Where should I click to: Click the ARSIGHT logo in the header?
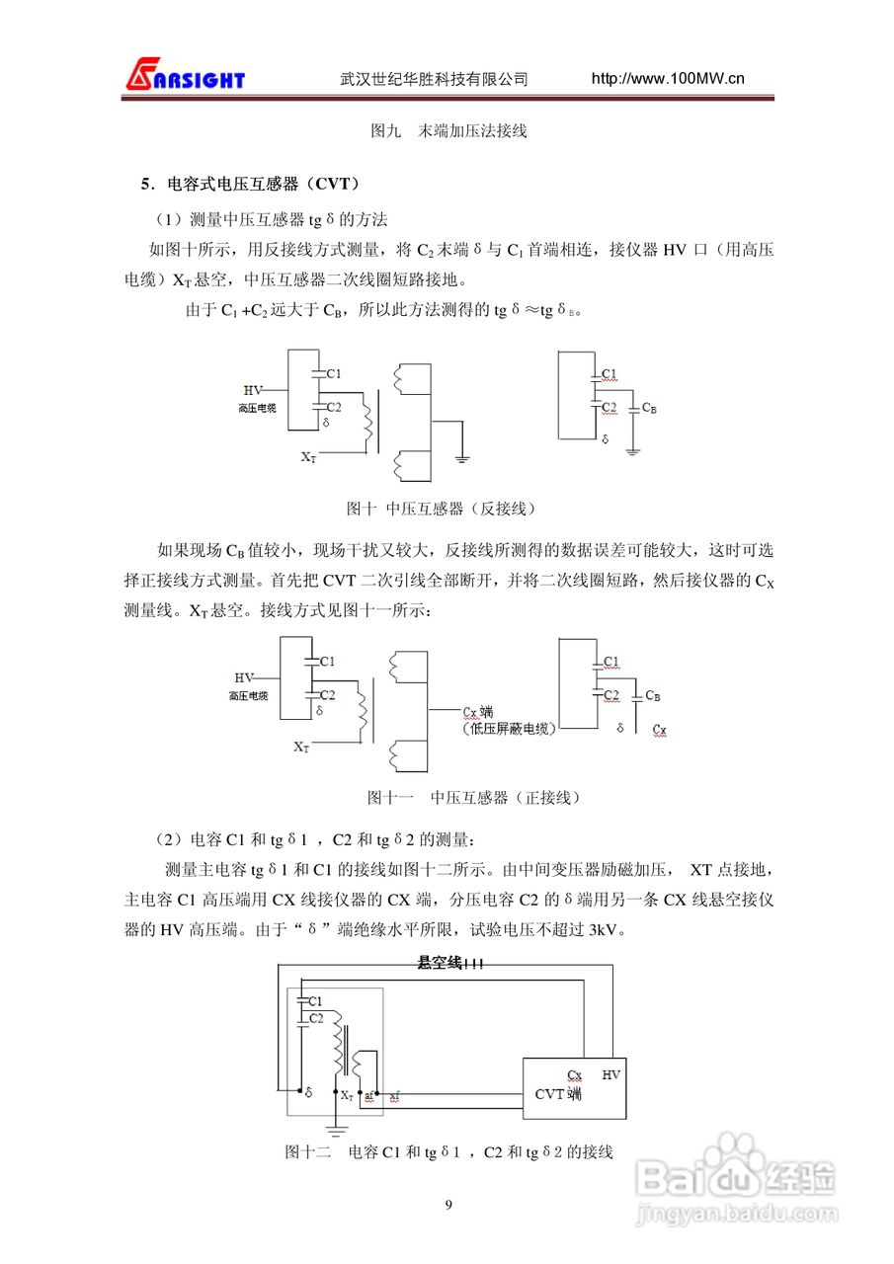click(x=185, y=77)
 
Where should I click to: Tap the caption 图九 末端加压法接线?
click(x=447, y=130)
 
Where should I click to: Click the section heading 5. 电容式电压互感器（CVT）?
click(x=249, y=184)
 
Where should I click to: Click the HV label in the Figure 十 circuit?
click(x=253, y=391)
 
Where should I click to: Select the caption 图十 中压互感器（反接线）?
click(x=441, y=509)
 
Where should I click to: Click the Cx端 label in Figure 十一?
click(x=478, y=711)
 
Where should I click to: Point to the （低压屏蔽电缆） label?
click(x=509, y=729)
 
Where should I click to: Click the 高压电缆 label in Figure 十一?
click(x=247, y=696)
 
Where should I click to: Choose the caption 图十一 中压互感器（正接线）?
click(x=473, y=797)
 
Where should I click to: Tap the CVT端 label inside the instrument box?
click(x=557, y=1094)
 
